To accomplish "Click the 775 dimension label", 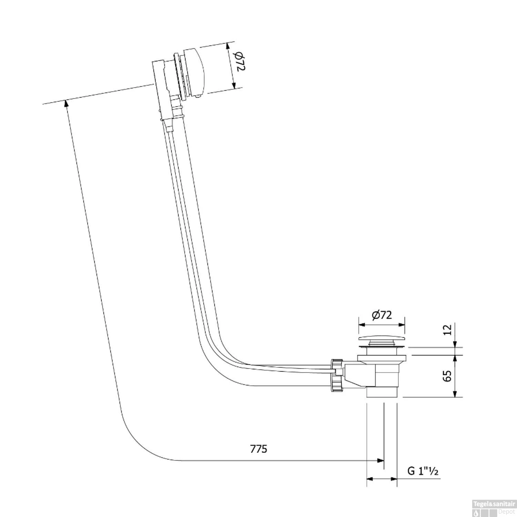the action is pos(258,449).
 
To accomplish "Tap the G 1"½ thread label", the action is pos(423,471).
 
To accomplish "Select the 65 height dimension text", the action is pos(447,376).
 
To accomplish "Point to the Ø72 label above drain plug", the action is pos(382,315).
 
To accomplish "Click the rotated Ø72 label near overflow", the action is pos(240,62).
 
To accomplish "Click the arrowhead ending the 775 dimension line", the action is pos(381,460).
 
